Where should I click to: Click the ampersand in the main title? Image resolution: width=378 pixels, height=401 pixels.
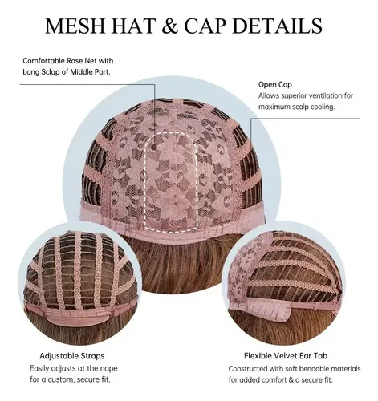[x=169, y=26]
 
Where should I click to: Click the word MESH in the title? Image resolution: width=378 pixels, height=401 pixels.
[x=75, y=26]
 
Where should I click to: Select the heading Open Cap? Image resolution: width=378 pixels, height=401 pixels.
[x=275, y=85]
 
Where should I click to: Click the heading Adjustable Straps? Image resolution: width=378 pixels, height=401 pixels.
[x=72, y=356]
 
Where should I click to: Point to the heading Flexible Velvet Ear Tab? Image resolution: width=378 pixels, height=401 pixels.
[x=286, y=356]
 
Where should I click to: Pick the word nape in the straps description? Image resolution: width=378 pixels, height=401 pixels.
[x=108, y=369]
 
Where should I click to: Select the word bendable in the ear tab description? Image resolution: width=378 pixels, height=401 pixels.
[x=315, y=369]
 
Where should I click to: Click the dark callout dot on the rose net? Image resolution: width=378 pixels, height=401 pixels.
[x=154, y=147]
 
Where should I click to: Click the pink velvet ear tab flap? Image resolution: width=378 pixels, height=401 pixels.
[x=270, y=309]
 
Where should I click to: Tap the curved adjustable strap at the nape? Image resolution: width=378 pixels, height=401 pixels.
[x=78, y=315]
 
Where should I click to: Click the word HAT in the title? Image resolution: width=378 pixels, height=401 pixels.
[x=133, y=26]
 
